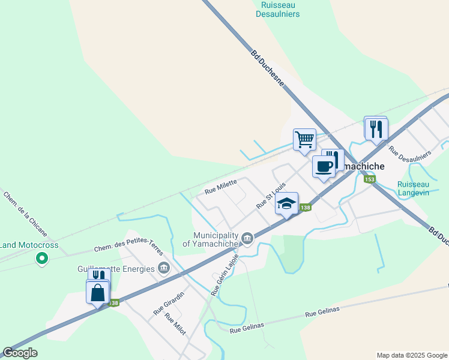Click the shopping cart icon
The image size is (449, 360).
coord(304,139)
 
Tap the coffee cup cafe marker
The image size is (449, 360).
coord(324,166)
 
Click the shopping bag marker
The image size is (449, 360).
coord(98,293)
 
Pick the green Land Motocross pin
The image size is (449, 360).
coord(41,259)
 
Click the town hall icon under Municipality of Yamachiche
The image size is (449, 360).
coord(247,239)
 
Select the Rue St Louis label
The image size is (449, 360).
coord(270,196)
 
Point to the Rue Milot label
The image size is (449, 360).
coord(175,324)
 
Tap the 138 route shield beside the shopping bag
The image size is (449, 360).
coord(114,303)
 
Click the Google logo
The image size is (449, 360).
coord(20,353)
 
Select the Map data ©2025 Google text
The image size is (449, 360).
coord(411,355)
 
